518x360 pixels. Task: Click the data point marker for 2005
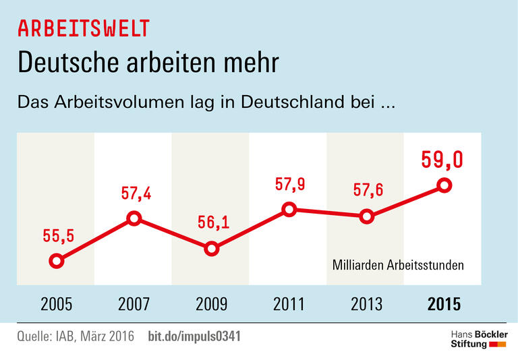point(57,261)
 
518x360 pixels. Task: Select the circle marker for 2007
point(134,218)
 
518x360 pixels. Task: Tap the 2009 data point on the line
point(211,249)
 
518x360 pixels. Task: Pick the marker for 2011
point(289,209)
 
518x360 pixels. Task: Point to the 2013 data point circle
point(366,216)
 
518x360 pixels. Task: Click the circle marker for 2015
point(444,185)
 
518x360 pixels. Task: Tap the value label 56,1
point(212,222)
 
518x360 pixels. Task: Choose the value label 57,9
point(289,183)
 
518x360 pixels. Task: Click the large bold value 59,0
point(442,159)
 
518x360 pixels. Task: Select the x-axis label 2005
point(57,304)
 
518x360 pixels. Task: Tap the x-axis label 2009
point(212,304)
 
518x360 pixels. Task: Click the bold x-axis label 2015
point(444,304)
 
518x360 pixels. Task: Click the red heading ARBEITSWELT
point(84,28)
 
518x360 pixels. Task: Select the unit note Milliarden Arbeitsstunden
point(398,265)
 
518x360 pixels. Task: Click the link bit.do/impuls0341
point(194,336)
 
